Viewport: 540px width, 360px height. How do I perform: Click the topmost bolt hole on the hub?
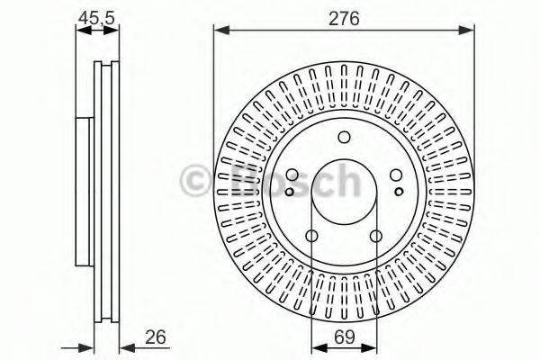[x=344, y=138]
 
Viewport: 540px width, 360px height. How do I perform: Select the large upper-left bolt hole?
[x=292, y=176]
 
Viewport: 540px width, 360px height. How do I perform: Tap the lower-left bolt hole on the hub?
[x=311, y=237]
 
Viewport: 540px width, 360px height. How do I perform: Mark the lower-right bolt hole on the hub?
[x=376, y=237]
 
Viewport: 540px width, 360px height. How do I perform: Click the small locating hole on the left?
[x=288, y=191]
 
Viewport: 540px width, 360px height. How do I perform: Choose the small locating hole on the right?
[x=400, y=191]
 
